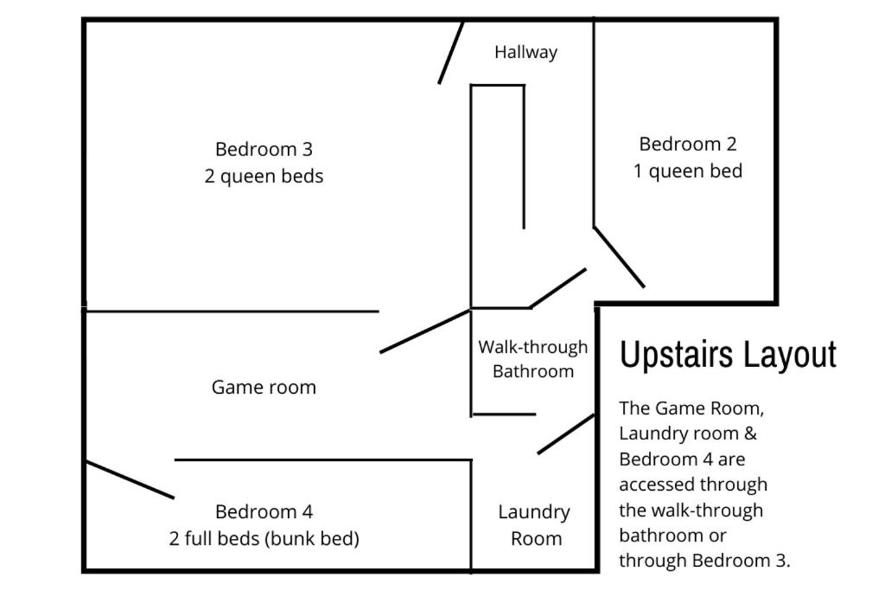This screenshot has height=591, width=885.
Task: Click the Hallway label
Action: [x=525, y=53]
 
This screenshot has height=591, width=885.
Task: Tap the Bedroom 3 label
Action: [x=264, y=149]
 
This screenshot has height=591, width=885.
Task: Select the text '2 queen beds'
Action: [x=264, y=177]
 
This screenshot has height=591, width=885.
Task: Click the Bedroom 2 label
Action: [x=687, y=145]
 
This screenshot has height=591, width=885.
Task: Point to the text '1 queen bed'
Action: [x=687, y=171]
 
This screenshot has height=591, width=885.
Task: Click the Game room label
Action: [x=264, y=388]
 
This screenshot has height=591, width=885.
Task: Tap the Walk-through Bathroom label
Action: [x=532, y=359]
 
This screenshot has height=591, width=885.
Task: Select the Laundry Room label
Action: [x=534, y=525]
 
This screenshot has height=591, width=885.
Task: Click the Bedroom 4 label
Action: [x=264, y=512]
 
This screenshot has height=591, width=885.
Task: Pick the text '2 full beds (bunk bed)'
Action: [x=264, y=538]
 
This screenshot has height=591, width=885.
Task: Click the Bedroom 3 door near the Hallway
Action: [x=451, y=53]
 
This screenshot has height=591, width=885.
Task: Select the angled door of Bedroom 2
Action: [x=619, y=257]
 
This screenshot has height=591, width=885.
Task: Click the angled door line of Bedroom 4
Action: [x=130, y=479]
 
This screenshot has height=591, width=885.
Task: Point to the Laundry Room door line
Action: [x=565, y=434]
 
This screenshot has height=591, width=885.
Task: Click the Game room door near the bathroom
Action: [x=425, y=331]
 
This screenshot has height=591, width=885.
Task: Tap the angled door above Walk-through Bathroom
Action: [x=558, y=288]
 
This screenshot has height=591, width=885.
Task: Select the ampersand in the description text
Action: [x=750, y=434]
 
